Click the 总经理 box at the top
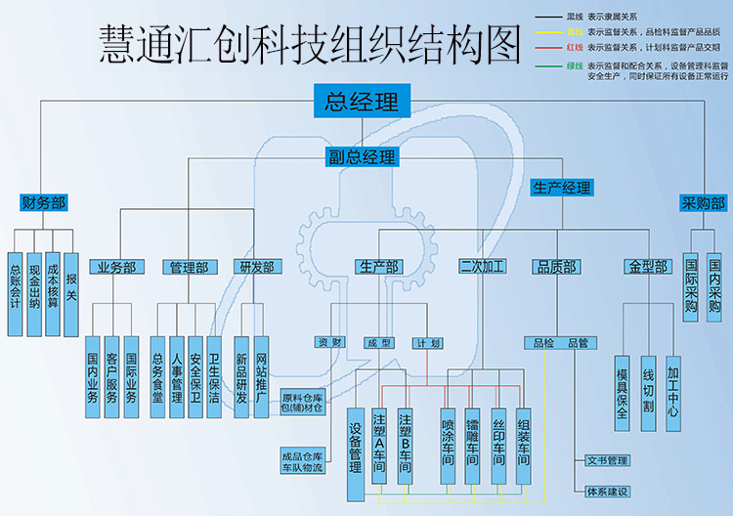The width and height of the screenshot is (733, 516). pyautogui.click(x=362, y=101)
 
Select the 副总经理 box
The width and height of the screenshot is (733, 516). pyautogui.click(x=362, y=156)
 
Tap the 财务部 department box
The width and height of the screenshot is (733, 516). pyautogui.click(x=43, y=203)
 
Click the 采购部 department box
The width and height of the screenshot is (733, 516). pyautogui.click(x=703, y=203)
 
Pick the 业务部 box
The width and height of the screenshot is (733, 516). pyautogui.click(x=115, y=267)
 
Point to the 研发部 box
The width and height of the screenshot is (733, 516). pyautogui.click(x=256, y=267)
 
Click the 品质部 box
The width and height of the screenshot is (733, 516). pyautogui.click(x=556, y=267)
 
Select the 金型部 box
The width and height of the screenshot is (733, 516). pyautogui.click(x=647, y=267)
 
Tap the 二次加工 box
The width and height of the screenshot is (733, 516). pyautogui.click(x=481, y=267)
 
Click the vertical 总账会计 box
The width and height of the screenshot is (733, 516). pyautogui.click(x=15, y=282)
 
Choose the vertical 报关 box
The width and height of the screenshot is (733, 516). pyautogui.click(x=70, y=282)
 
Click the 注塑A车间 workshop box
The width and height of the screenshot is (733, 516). pyautogui.click(x=381, y=444)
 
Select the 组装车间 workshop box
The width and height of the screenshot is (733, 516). pyautogui.click(x=524, y=444)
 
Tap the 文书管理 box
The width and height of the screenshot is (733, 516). pyautogui.click(x=607, y=460)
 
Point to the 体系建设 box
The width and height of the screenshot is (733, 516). pyautogui.click(x=607, y=491)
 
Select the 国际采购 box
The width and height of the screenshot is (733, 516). pyautogui.click(x=691, y=283)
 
